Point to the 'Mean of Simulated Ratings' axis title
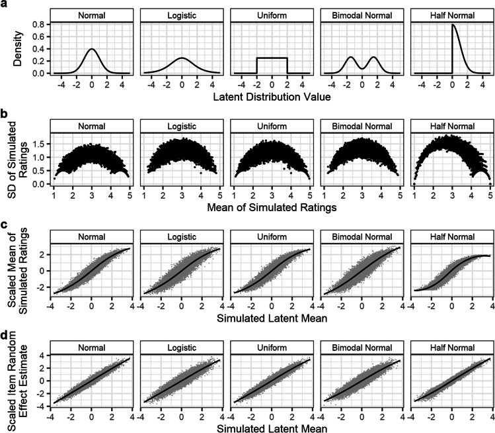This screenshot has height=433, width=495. [x=272, y=207]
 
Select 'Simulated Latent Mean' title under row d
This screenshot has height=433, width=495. [x=272, y=424]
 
